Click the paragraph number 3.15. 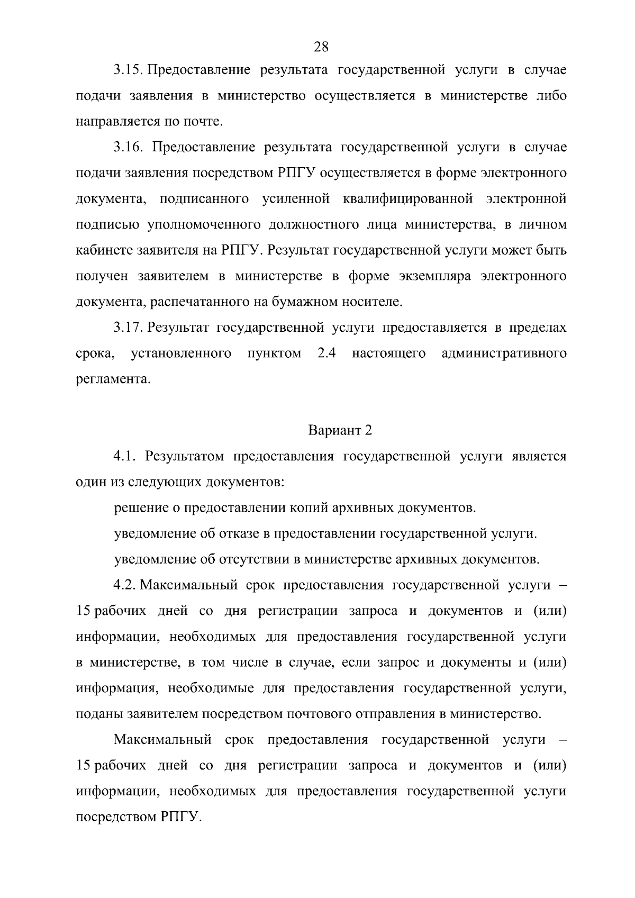click(129, 70)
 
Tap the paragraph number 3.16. click(129, 147)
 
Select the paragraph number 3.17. click(129, 328)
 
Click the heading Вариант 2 click(340, 430)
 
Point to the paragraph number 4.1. click(125, 456)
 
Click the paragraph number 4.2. click(125, 585)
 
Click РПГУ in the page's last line click(179, 818)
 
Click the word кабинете click(104, 250)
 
